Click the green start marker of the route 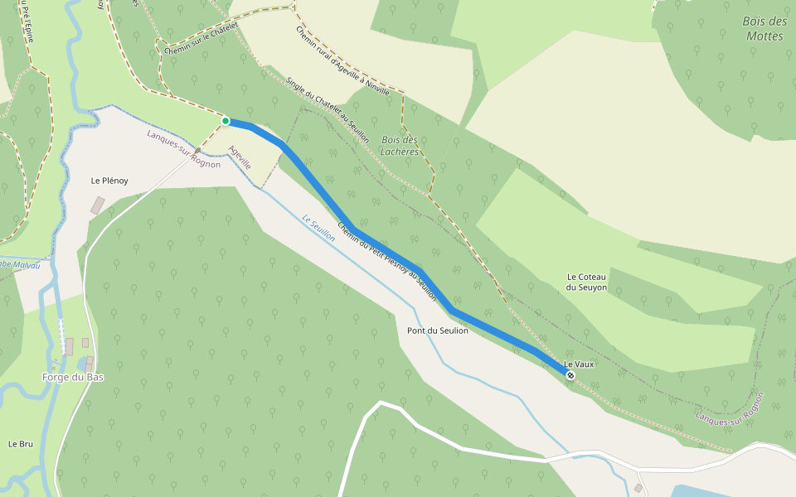225,121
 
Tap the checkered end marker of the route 570,375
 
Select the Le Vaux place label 580,364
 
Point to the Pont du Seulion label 438,331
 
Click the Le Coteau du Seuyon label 587,282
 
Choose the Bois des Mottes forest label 765,28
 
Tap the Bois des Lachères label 400,146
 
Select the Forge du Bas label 73,378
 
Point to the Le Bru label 21,444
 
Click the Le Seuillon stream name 319,229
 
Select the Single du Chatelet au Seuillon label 328,111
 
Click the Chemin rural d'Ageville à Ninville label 342,60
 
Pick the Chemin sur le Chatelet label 201,39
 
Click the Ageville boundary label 240,158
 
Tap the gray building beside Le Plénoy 98,205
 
